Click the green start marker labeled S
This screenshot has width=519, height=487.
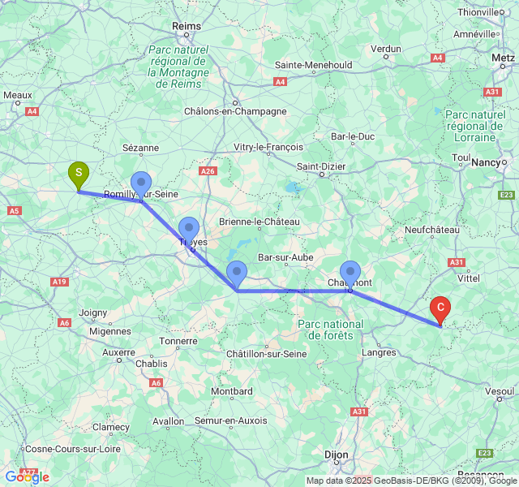(78, 173)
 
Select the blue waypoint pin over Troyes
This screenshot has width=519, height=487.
(189, 230)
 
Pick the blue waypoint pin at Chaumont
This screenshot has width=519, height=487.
(350, 272)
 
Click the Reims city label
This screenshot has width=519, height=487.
(187, 27)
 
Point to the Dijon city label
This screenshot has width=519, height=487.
(336, 455)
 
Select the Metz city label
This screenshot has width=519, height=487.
(503, 59)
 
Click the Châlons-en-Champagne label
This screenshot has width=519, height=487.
(235, 111)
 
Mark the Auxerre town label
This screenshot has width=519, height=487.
(118, 352)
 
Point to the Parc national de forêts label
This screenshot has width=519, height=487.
(331, 330)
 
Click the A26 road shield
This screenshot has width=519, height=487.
(208, 171)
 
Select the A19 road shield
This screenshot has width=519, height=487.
(58, 282)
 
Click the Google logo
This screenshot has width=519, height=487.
(28, 476)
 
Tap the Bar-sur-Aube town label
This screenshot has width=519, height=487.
(285, 257)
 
